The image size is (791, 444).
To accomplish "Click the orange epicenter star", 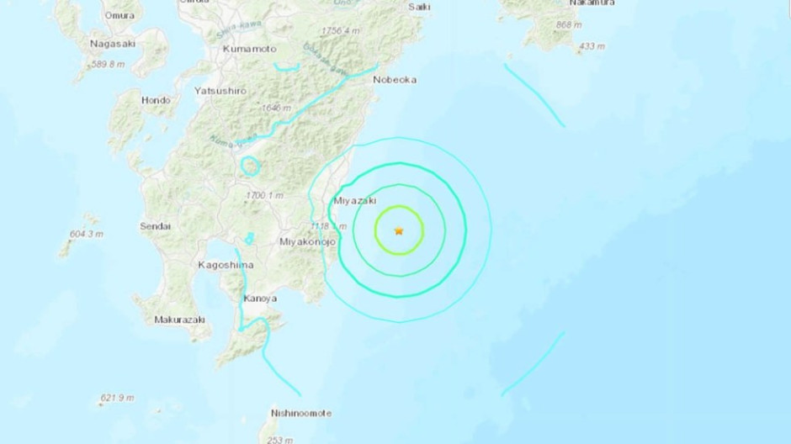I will tap(398, 230).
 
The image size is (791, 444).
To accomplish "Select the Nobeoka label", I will tap(395, 81).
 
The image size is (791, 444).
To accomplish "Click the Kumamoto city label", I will tap(250, 50).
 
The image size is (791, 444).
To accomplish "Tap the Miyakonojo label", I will tap(307, 242).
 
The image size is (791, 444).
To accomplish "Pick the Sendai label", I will tap(156, 226).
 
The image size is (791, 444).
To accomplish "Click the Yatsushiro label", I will tap(220, 90).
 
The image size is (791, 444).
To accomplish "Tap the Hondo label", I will tap(156, 100).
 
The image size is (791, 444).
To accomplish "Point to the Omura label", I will tap(119, 15).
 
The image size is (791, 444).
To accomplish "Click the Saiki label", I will tap(418, 7).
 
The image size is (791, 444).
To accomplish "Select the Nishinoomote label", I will tap(301, 413).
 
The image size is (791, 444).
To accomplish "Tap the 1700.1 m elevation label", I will tap(266, 195).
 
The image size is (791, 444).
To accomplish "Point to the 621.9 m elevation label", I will tap(119, 397).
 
